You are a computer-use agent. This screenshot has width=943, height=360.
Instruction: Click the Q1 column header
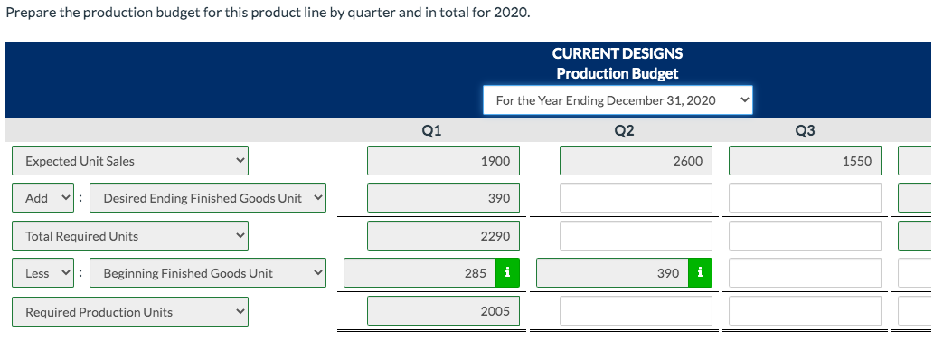[x=432, y=130]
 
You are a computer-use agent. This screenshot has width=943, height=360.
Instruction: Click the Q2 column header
[x=624, y=130]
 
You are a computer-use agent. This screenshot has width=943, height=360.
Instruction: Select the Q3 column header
[x=805, y=130]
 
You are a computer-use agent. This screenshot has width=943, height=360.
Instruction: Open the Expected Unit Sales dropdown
[x=130, y=161]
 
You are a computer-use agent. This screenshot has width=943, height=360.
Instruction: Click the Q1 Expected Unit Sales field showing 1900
[x=443, y=161]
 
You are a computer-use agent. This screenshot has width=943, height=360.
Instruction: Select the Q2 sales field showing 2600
[x=636, y=161]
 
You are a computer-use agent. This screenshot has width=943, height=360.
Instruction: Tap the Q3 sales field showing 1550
[x=805, y=161]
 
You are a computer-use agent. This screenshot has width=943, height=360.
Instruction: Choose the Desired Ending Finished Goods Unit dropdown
[x=212, y=198]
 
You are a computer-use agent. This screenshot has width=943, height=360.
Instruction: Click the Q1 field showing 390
[x=443, y=198]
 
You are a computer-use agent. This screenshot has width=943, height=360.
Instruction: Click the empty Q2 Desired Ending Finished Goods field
[x=636, y=198]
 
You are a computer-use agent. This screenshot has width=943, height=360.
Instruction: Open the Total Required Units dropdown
[x=130, y=236]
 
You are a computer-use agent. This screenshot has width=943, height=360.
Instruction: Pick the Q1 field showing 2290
[x=443, y=236]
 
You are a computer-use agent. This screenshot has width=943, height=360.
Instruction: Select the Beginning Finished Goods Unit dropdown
[x=212, y=273]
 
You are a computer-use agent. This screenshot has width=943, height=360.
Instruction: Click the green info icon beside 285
[x=508, y=273]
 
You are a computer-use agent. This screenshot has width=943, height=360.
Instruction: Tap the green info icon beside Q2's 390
[x=701, y=273]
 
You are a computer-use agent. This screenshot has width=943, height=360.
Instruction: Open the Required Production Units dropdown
[x=130, y=312]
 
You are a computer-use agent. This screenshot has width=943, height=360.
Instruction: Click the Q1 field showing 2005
[x=443, y=312]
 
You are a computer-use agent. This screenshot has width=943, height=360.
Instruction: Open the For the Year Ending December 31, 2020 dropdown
[x=618, y=100]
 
